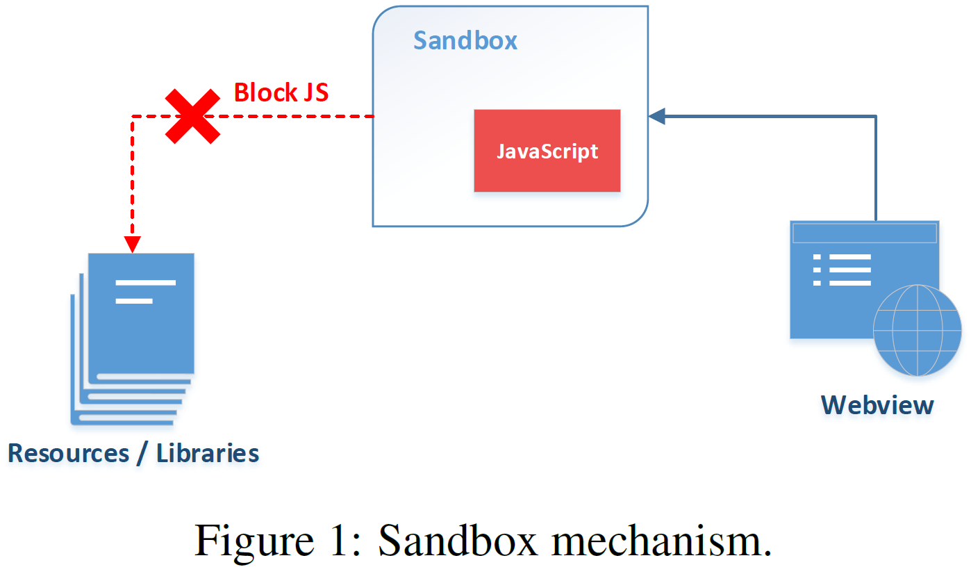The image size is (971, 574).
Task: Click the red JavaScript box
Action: (547, 151)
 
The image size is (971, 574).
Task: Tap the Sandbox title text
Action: (465, 41)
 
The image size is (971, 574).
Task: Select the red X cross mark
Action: (192, 116)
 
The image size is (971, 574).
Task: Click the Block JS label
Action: (281, 92)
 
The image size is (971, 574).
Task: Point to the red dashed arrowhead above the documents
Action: (132, 245)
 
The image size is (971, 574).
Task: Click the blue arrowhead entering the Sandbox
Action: (657, 116)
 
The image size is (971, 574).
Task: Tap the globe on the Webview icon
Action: (918, 330)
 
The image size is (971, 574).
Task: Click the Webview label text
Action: (877, 405)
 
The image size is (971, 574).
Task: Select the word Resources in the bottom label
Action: (69, 454)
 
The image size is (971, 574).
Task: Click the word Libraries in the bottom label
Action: (208, 454)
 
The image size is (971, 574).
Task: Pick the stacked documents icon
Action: (132, 339)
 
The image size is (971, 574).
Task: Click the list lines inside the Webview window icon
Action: (842, 270)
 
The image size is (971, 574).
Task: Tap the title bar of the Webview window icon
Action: (864, 233)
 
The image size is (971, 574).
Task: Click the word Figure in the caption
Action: (254, 541)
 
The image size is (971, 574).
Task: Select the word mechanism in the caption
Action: (661, 541)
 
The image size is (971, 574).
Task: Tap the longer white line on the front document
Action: (146, 283)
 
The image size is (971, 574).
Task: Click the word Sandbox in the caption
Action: (458, 540)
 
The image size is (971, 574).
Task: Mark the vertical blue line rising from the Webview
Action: (876, 168)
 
